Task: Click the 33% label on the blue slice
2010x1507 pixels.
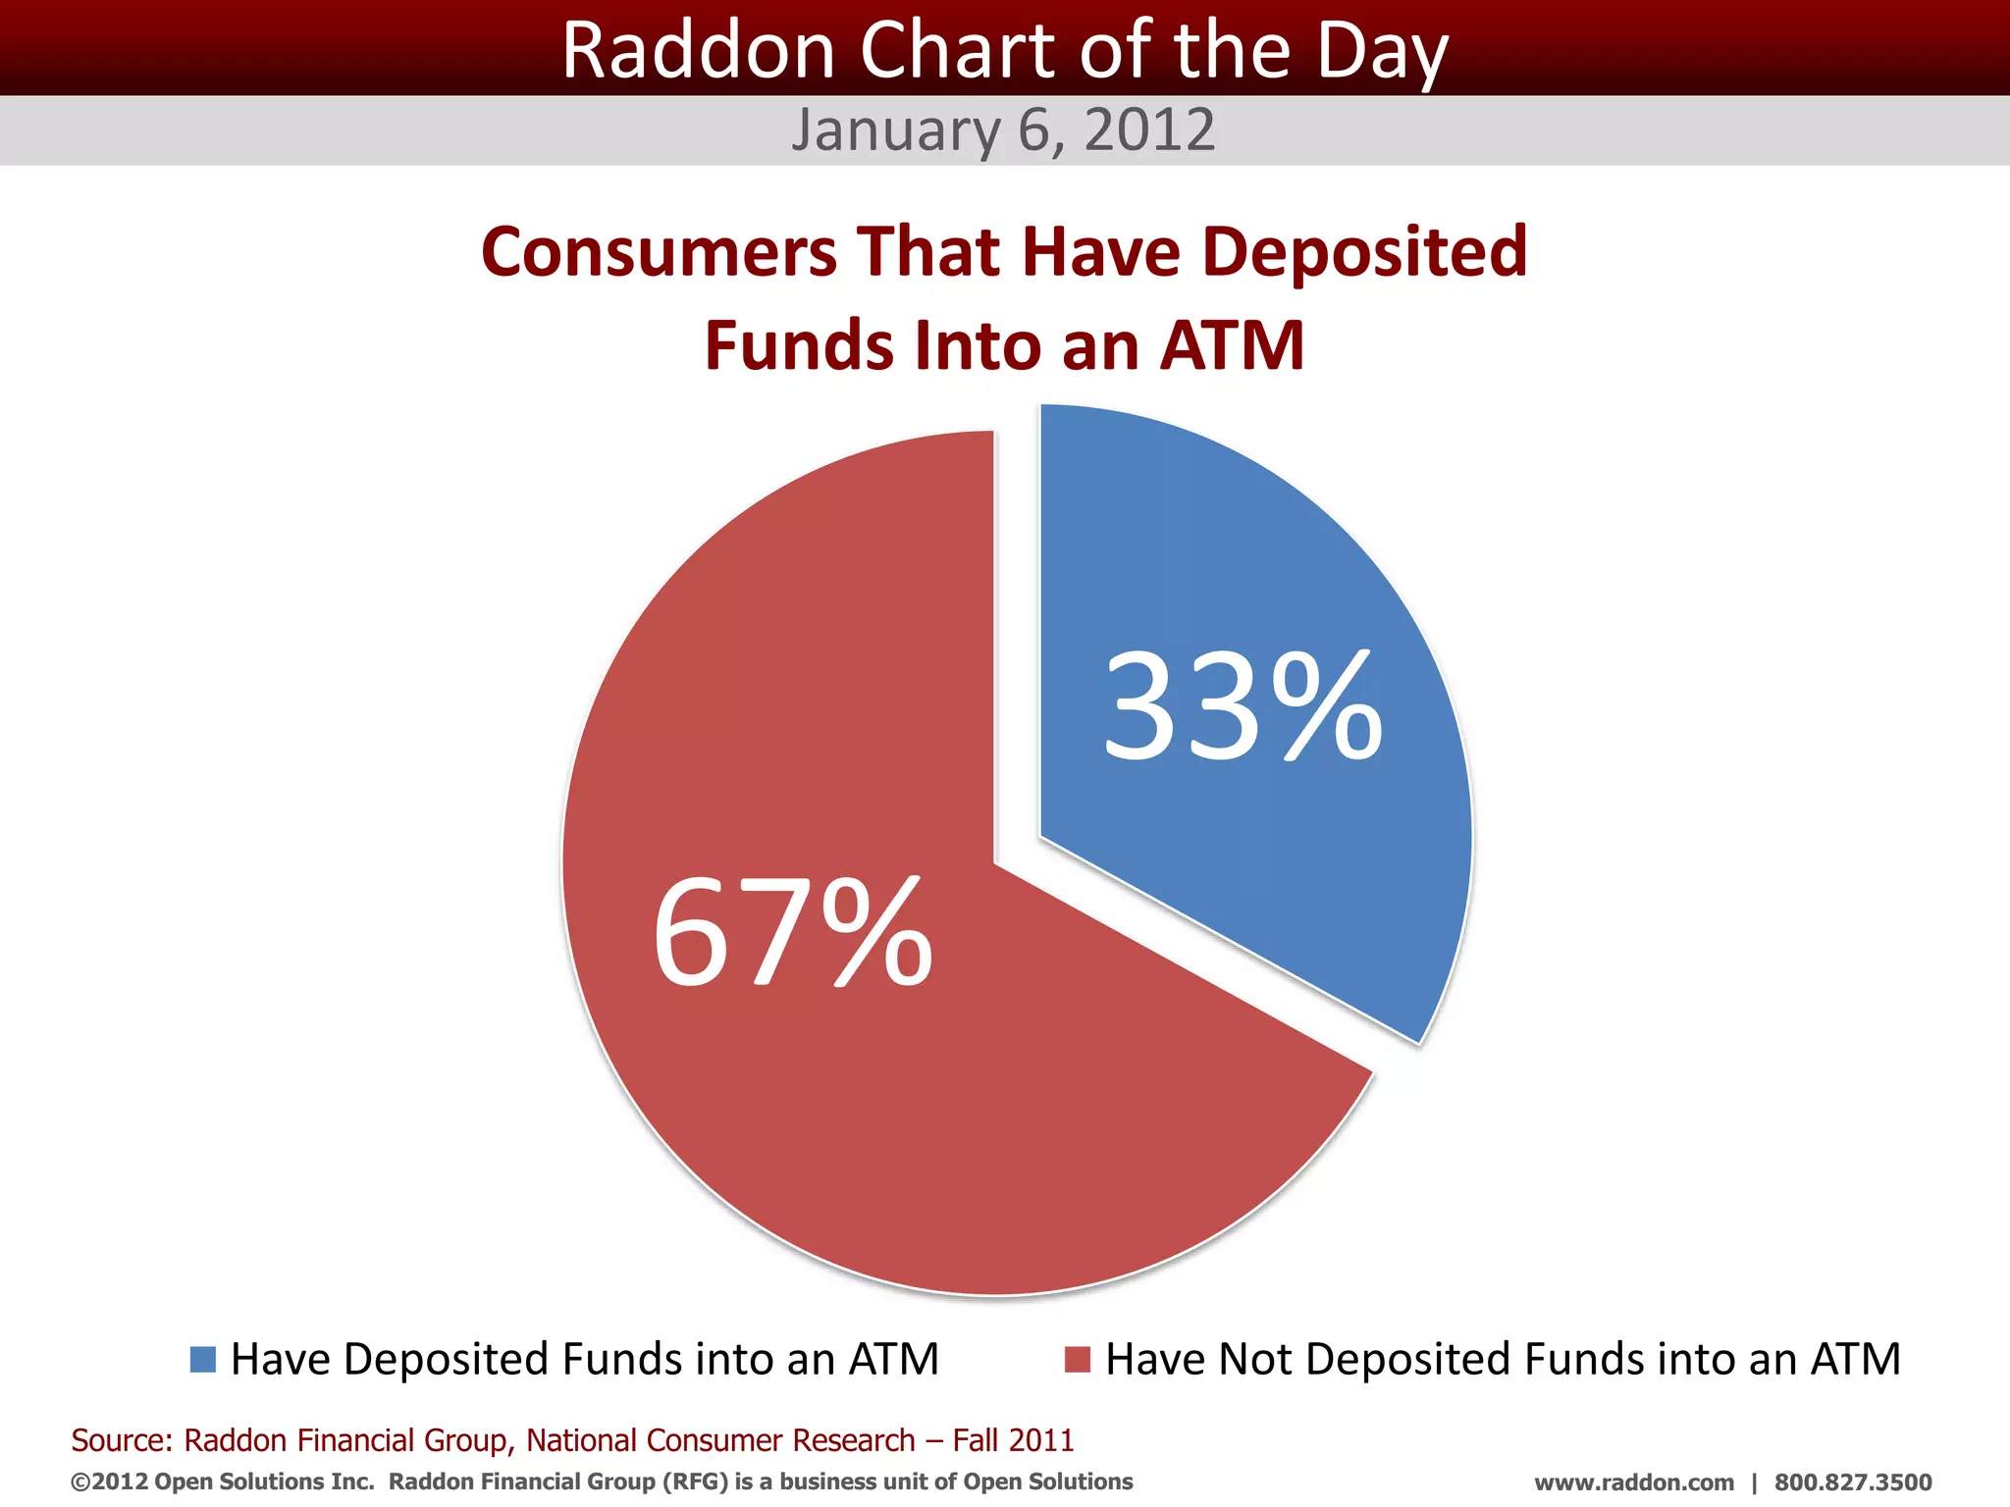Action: click(x=1243, y=707)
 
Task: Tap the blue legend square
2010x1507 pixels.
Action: click(x=203, y=1360)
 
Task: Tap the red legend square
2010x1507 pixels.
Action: click(x=1078, y=1360)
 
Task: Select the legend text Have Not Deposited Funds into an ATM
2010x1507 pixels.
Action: click(x=1503, y=1360)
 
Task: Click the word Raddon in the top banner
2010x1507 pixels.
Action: click(x=697, y=51)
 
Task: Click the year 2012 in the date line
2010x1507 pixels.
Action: click(x=1149, y=130)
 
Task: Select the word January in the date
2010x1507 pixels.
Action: click(x=896, y=130)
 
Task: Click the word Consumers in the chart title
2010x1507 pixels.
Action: click(x=659, y=252)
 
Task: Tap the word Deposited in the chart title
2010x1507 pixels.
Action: click(x=1364, y=252)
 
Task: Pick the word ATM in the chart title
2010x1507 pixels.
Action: click(x=1232, y=346)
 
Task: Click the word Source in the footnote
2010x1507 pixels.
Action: click(x=121, y=1440)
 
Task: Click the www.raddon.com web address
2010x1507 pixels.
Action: click(x=1633, y=1482)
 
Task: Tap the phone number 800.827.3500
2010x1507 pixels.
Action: click(x=1852, y=1482)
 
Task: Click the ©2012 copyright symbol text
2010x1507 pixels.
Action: click(x=109, y=1481)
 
